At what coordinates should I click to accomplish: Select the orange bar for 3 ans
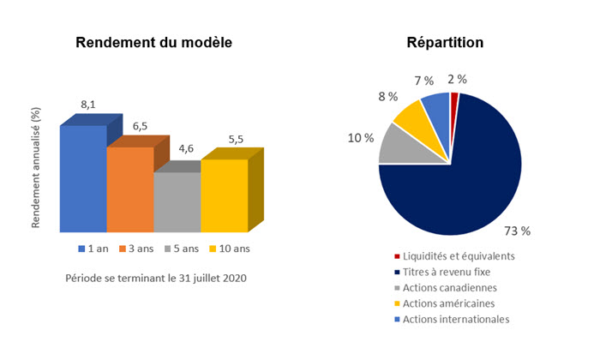click(130, 189)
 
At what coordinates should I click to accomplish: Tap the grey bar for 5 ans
click(177, 201)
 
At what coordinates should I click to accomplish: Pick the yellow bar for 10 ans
click(224, 195)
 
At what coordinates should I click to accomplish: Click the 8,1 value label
click(87, 105)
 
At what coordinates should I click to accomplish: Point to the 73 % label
click(518, 231)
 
